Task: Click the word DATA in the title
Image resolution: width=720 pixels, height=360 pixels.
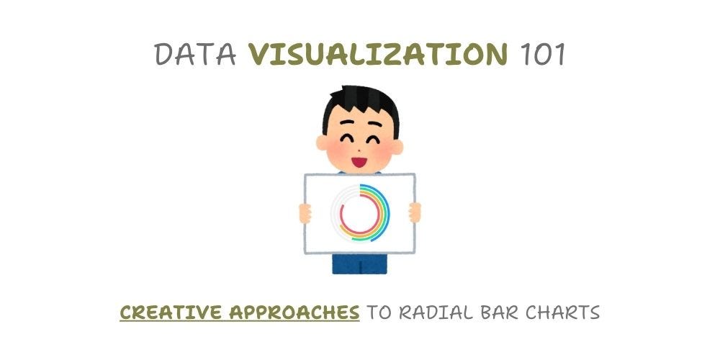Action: [x=195, y=54]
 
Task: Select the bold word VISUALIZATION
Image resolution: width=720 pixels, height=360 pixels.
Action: [x=379, y=54]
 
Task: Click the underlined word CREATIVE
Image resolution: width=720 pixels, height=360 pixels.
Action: [x=170, y=313]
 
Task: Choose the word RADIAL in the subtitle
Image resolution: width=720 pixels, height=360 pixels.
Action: [x=441, y=313]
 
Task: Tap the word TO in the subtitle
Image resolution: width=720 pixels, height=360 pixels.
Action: [x=381, y=313]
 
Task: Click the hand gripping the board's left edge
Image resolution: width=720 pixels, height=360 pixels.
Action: [x=306, y=212]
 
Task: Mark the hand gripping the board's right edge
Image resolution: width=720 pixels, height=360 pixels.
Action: [x=415, y=212]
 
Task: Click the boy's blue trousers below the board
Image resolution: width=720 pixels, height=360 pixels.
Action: [x=359, y=264]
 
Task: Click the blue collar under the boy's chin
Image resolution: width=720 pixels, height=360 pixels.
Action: [x=360, y=171]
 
